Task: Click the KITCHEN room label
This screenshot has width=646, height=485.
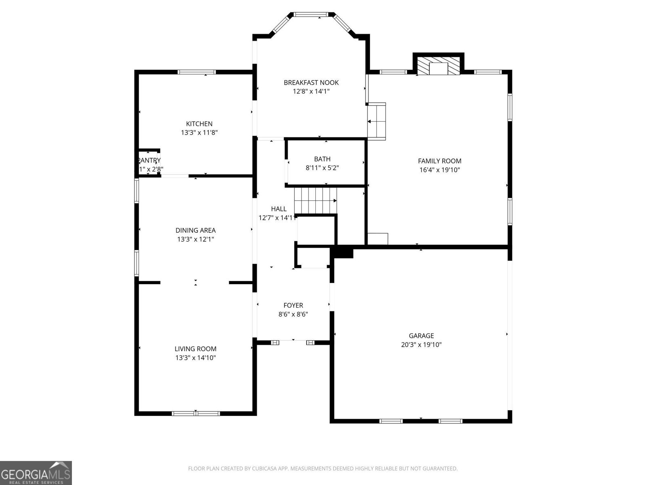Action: [x=199, y=124]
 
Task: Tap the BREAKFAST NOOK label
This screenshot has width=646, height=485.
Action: [x=311, y=82]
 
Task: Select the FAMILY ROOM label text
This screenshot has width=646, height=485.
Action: [x=439, y=161]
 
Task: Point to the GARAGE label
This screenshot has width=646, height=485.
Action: [x=421, y=335]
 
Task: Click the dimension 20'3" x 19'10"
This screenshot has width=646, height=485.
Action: [x=421, y=345]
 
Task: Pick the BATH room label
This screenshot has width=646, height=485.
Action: [x=322, y=159]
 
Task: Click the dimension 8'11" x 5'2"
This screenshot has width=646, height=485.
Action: [x=322, y=168]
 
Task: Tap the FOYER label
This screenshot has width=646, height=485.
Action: [x=293, y=306]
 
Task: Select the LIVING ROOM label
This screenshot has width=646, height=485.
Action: [x=195, y=349]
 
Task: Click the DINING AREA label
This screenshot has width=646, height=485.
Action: [x=195, y=230]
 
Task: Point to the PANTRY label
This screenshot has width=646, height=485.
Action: [x=149, y=160]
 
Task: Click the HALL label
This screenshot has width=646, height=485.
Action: [x=279, y=209]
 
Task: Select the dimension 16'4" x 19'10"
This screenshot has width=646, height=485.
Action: [x=439, y=170]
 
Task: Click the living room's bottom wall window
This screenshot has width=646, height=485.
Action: [x=196, y=413]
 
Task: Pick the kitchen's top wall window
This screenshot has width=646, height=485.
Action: [x=197, y=72]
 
